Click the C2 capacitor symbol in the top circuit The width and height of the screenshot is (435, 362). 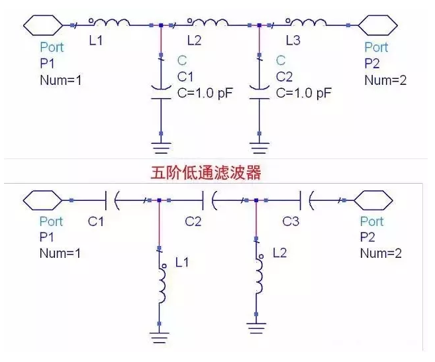[259, 90]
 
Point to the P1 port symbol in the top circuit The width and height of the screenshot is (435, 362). [42, 25]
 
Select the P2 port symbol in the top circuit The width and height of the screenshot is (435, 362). [377, 25]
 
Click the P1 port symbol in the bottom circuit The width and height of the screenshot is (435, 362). [42, 200]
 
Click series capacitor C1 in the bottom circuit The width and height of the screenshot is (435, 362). [111, 200]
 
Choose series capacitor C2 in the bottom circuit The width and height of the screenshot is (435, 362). [207, 200]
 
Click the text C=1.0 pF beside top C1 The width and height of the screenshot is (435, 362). [205, 93]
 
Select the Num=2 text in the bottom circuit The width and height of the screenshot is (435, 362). [381, 253]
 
